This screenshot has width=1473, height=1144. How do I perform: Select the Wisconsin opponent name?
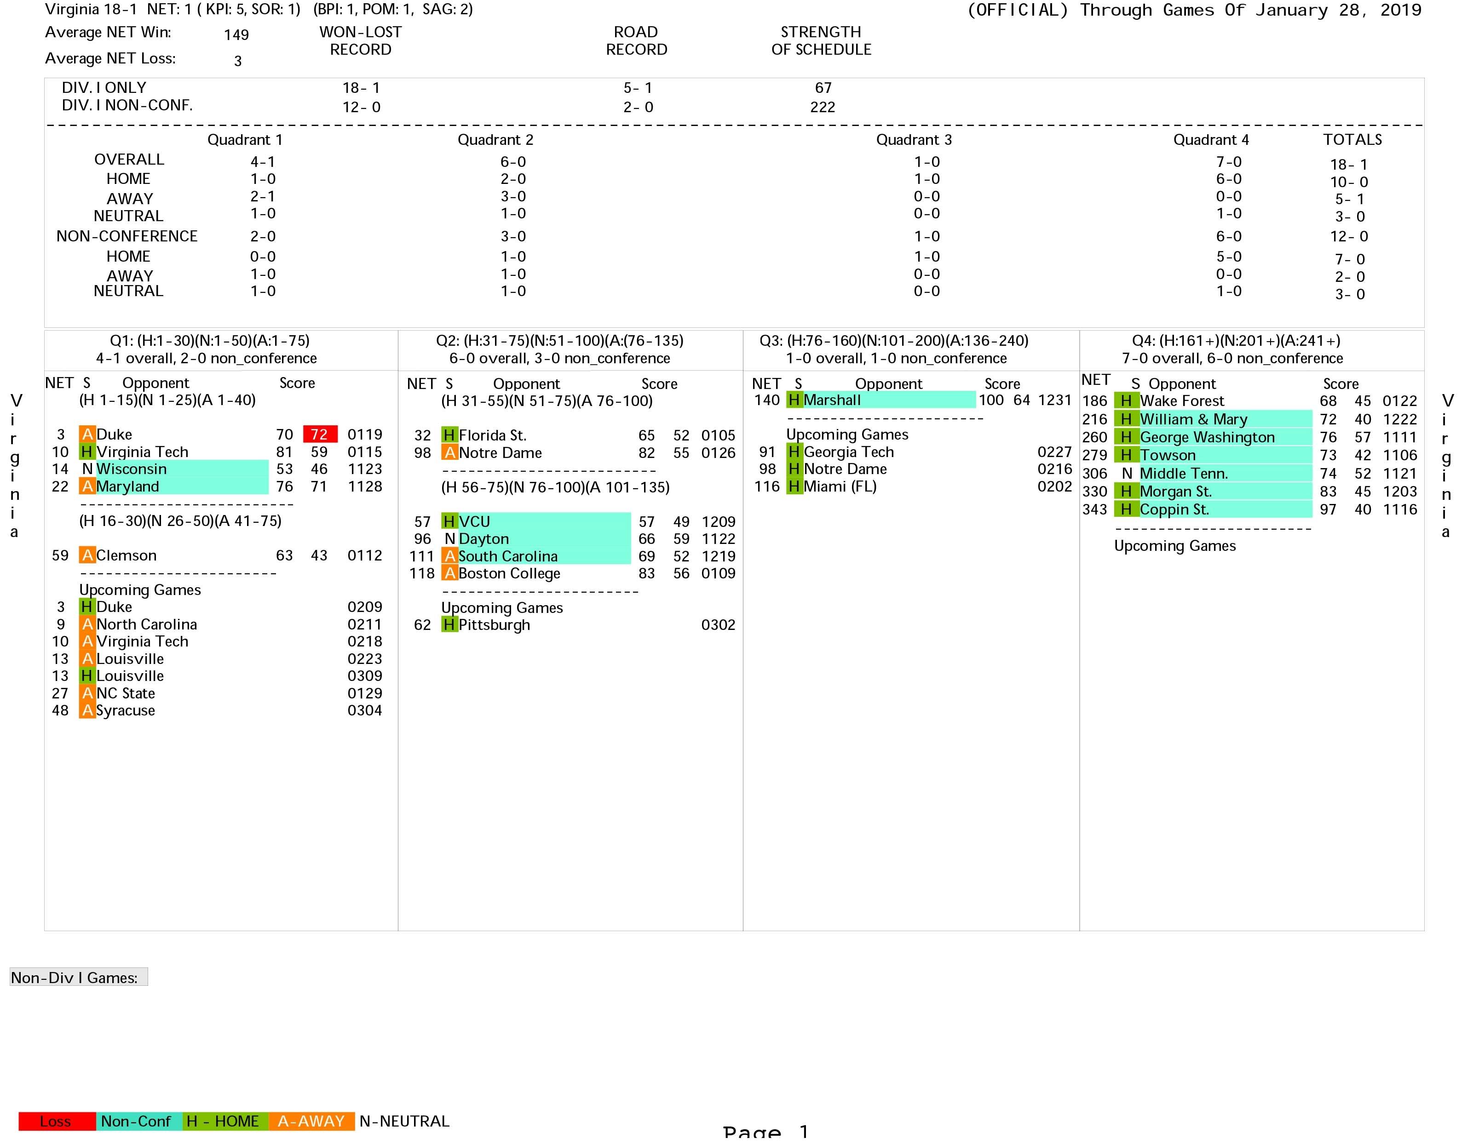pos(132,469)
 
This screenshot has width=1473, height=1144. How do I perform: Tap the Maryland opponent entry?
pos(127,487)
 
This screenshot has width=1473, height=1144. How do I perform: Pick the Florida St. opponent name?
pos(492,435)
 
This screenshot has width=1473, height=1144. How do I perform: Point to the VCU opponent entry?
pos(474,522)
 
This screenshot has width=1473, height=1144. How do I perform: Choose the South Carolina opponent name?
pos(508,556)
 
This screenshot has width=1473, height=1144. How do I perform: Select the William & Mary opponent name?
pos(1193,419)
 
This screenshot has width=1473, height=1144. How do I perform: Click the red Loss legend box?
pos(56,1121)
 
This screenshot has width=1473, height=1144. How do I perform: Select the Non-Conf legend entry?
pos(136,1121)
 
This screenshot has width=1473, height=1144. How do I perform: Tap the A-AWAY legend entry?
pos(311,1121)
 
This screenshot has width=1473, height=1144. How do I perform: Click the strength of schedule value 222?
pos(822,107)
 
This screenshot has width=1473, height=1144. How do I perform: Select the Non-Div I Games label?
pos(75,978)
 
